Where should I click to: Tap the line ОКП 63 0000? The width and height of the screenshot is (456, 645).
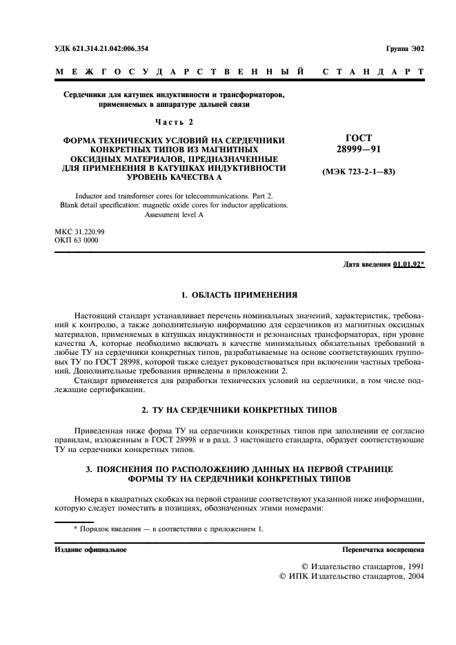click(x=76, y=240)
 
